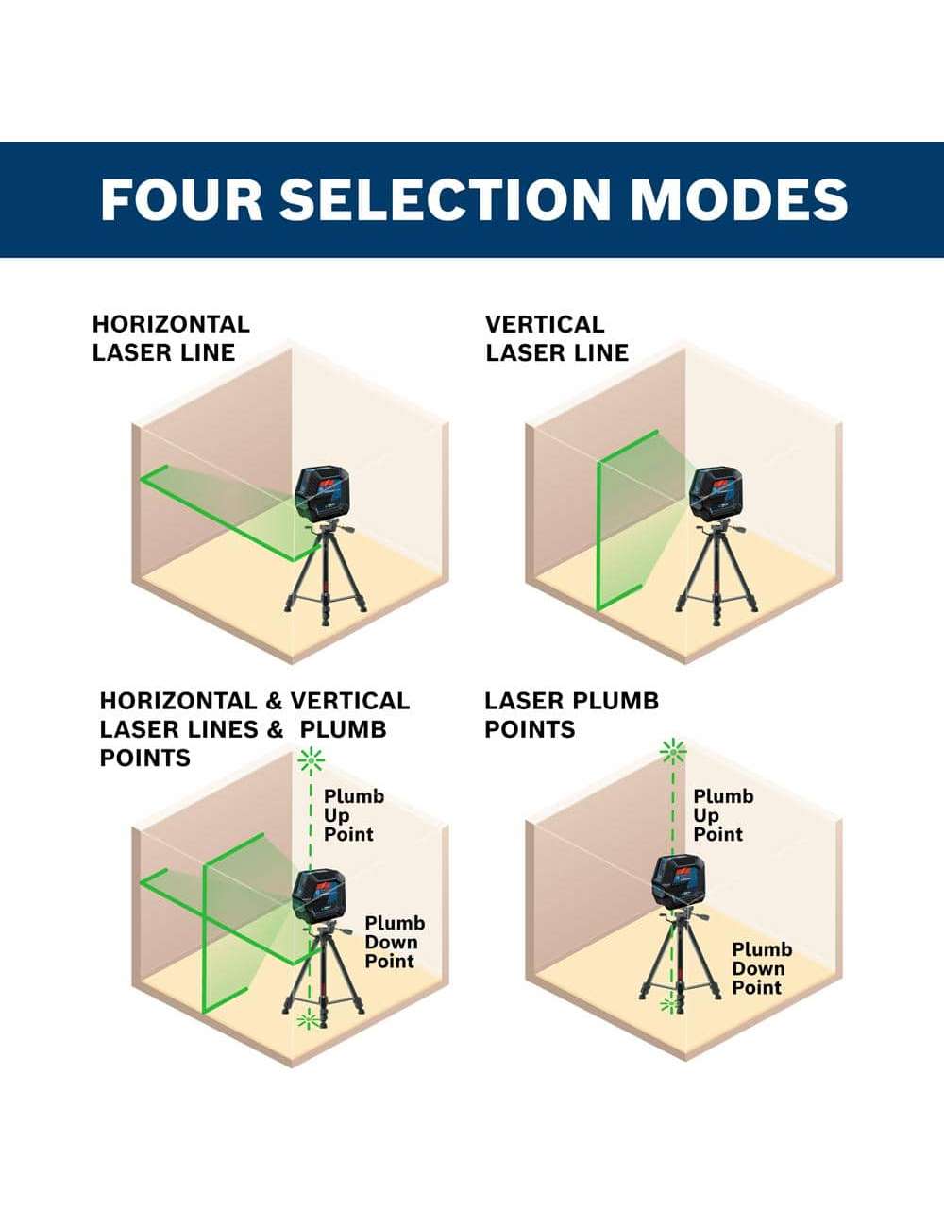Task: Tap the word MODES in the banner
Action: (739, 199)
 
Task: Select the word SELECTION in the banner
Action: (446, 199)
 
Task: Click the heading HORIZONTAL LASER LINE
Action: (171, 338)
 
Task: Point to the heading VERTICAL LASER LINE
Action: (557, 338)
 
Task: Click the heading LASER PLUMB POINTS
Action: (571, 715)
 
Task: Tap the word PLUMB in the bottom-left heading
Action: (343, 729)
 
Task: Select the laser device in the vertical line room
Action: (714, 493)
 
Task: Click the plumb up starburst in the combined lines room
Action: (312, 761)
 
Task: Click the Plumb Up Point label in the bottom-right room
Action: (723, 815)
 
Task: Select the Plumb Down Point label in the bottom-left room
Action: (395, 942)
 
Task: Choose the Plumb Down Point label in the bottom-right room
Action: (762, 968)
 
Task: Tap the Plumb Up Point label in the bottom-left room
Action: (354, 815)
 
